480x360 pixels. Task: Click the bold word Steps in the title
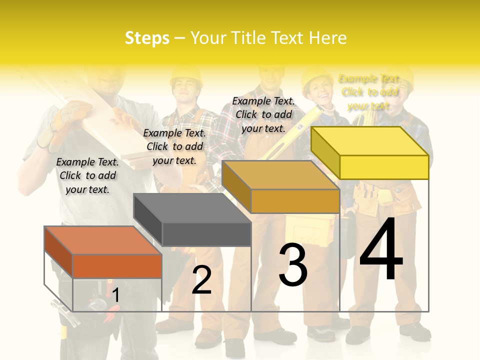click(147, 38)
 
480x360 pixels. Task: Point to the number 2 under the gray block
click(201, 280)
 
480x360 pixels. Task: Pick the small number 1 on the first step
click(115, 295)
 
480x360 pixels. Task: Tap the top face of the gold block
click(280, 175)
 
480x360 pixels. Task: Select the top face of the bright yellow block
click(370, 141)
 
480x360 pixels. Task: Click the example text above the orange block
click(87, 175)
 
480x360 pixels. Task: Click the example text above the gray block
click(174, 146)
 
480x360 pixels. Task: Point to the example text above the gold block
click(263, 114)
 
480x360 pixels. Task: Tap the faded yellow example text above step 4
click(369, 92)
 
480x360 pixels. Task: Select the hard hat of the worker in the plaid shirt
click(185, 75)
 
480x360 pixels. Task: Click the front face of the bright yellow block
click(384, 167)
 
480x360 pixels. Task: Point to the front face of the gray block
click(206, 234)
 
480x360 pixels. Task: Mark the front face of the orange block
click(117, 266)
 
